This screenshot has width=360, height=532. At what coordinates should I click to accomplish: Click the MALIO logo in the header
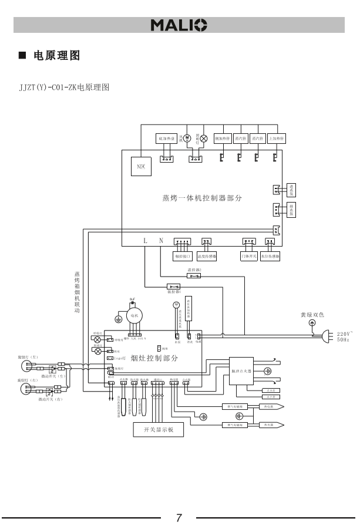[179, 25]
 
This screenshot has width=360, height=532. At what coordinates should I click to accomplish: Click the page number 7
[179, 518]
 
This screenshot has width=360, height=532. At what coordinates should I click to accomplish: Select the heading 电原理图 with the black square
[49, 56]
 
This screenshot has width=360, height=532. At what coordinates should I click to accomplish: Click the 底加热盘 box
[166, 139]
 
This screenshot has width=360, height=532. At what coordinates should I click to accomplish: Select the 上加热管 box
[276, 139]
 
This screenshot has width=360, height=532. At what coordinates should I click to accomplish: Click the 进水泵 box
[291, 189]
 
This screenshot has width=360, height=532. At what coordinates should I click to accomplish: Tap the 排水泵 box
[291, 210]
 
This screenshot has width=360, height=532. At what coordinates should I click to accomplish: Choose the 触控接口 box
[183, 257]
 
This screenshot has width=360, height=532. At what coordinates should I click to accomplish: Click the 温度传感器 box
[206, 257]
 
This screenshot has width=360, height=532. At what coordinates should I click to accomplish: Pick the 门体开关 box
[248, 257]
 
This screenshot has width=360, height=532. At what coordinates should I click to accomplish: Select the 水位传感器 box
[271, 257]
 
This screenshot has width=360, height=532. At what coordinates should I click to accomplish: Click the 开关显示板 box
[158, 429]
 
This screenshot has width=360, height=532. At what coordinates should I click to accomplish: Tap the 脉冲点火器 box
[241, 371]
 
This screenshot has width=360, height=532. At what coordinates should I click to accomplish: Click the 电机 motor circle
[133, 316]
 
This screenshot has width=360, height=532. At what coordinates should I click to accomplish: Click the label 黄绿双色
[312, 315]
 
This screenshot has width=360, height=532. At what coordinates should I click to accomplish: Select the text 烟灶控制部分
[154, 358]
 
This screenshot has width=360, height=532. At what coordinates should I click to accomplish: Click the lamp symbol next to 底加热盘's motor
[204, 139]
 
